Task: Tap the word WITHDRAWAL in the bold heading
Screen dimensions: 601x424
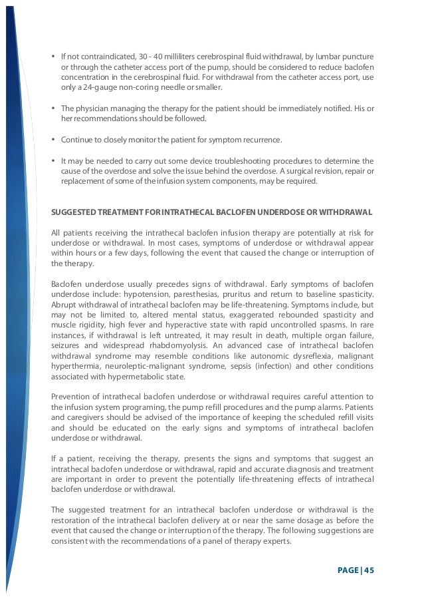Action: pos(349,212)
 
